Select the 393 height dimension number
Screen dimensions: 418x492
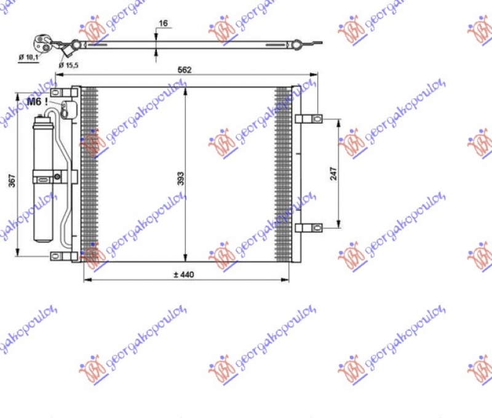(177, 178)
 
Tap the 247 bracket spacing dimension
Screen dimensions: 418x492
(333, 174)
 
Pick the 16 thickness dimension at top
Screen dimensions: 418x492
(163, 23)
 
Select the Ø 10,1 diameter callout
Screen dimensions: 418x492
(28, 57)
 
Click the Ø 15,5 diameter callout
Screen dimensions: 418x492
(69, 64)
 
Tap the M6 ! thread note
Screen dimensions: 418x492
(38, 101)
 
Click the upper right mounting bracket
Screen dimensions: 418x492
(309, 118)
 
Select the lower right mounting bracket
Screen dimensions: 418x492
(309, 227)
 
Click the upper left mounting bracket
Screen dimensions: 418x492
(63, 93)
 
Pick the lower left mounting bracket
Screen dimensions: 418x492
(63, 255)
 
